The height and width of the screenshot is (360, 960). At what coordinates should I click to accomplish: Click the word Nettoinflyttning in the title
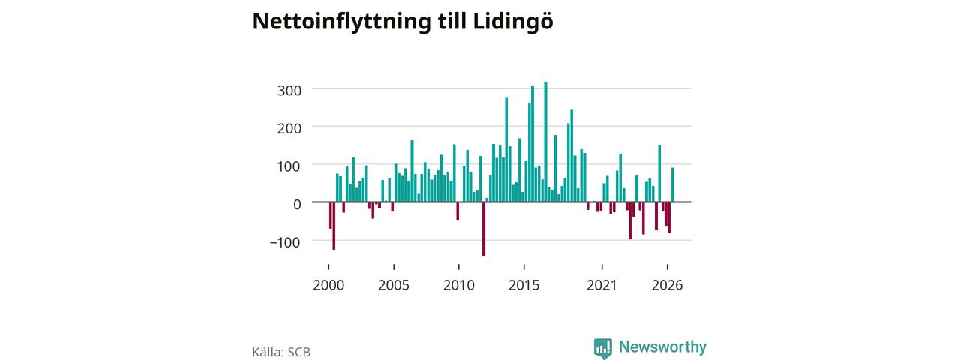tap(341, 22)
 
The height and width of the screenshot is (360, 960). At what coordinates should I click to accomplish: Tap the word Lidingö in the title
tap(513, 21)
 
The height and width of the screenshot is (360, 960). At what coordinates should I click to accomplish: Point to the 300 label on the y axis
tap(289, 91)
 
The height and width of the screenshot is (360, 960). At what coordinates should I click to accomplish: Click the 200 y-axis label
tap(289, 128)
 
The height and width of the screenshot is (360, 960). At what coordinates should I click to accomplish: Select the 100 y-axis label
tap(289, 166)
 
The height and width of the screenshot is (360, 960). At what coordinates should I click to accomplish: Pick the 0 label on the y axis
tap(297, 205)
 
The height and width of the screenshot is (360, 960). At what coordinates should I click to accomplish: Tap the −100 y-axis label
tap(285, 242)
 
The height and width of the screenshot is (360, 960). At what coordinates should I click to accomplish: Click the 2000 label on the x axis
tap(328, 286)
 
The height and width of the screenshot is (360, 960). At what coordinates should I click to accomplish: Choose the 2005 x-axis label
tap(394, 286)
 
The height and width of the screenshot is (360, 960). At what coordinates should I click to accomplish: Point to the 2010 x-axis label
tap(459, 286)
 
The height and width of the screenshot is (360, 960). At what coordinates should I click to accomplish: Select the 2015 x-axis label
tap(524, 286)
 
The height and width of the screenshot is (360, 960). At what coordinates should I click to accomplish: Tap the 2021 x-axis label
tap(601, 286)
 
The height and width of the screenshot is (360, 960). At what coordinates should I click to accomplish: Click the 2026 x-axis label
tap(667, 286)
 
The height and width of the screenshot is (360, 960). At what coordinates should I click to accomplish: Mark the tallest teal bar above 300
tap(545, 142)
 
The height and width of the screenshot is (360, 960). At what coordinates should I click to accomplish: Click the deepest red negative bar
tap(484, 229)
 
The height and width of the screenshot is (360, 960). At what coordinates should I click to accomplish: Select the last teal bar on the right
tap(673, 184)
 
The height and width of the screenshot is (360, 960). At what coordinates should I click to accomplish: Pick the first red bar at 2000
tap(331, 215)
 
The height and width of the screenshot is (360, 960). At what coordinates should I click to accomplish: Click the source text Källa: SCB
tap(281, 352)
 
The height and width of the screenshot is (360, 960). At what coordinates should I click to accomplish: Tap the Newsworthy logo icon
tap(603, 348)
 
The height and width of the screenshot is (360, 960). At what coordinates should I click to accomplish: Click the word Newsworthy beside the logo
tap(662, 346)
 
